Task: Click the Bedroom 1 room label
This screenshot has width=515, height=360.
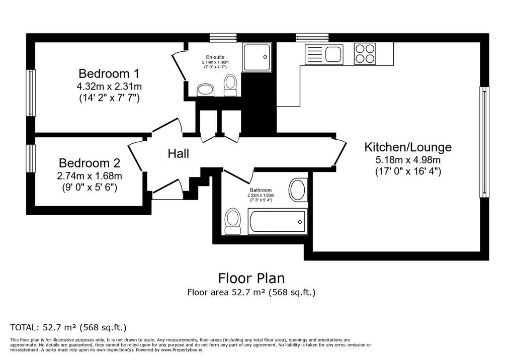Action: pos(109,73)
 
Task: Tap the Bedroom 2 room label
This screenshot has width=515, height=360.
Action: pos(90,163)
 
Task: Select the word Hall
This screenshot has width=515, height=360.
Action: pos(179,153)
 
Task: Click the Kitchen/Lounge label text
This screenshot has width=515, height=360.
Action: pos(408,147)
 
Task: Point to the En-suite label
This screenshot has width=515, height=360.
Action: pos(215,57)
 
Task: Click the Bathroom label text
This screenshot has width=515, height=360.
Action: pos(261,190)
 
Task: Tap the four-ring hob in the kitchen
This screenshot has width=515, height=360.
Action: pos(365,53)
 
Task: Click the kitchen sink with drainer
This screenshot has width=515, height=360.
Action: pos(324,54)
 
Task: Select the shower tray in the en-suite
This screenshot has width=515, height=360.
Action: pos(257,57)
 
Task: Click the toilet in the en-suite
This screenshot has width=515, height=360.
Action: pos(230,85)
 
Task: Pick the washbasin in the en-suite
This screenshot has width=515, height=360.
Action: pos(206,90)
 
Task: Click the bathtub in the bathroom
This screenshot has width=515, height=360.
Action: pos(278,221)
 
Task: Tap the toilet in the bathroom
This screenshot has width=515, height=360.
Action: pos(233,221)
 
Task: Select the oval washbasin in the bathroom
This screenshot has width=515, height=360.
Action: pos(298,190)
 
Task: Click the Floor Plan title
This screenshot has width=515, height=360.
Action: pos(251,278)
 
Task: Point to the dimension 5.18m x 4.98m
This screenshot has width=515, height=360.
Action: pos(408,160)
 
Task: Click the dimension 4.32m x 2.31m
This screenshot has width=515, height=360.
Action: pos(109,86)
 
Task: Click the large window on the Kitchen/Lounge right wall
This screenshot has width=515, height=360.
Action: pos(484,142)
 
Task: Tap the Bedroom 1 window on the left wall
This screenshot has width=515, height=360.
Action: pos(31,93)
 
